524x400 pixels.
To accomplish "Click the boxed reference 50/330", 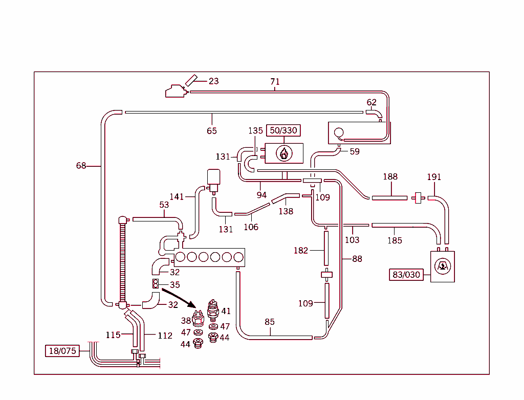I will (x=283, y=130).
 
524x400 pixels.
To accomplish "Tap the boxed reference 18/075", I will (x=62, y=351).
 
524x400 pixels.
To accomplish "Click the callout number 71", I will (x=275, y=82).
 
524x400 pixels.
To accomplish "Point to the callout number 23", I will (x=213, y=81).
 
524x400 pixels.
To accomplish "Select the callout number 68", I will (x=81, y=166).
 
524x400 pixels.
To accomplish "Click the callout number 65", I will (x=211, y=131).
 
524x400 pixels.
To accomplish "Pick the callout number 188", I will (x=390, y=177).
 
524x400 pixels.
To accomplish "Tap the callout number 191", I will (x=434, y=177).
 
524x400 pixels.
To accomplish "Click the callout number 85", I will (x=270, y=322).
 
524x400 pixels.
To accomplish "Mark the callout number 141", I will (x=177, y=196).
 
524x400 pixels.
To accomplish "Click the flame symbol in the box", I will (x=283, y=152).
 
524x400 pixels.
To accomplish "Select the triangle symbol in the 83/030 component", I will (x=443, y=266).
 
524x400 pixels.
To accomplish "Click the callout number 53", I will (x=164, y=205).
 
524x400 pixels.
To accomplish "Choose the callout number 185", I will (x=395, y=240).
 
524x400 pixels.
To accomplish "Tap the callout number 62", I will (x=372, y=102).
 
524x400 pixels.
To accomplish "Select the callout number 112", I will (x=165, y=336).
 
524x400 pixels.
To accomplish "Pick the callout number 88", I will (x=357, y=259).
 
